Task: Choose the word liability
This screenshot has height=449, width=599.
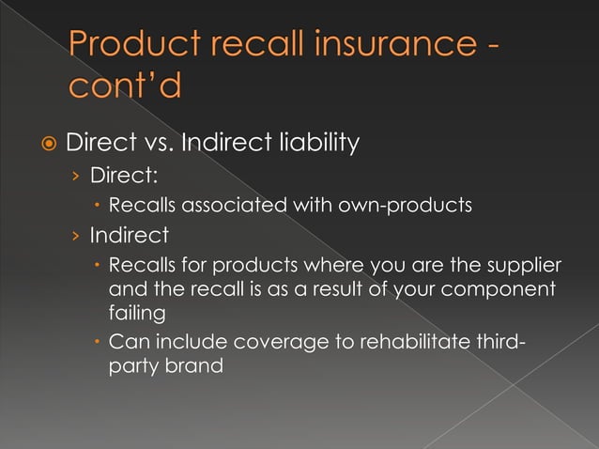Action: click(311, 144)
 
